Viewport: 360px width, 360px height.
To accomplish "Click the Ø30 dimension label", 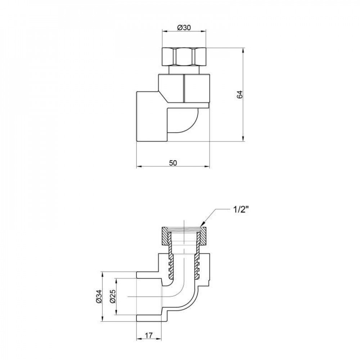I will point(185,28).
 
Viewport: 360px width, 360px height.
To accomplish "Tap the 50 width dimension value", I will point(173,163).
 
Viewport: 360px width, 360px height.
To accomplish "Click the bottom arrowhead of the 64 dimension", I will point(243,140).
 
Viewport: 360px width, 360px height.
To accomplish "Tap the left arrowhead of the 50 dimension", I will point(139,167).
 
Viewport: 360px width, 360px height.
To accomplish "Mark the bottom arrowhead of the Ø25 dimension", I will point(116,313).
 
